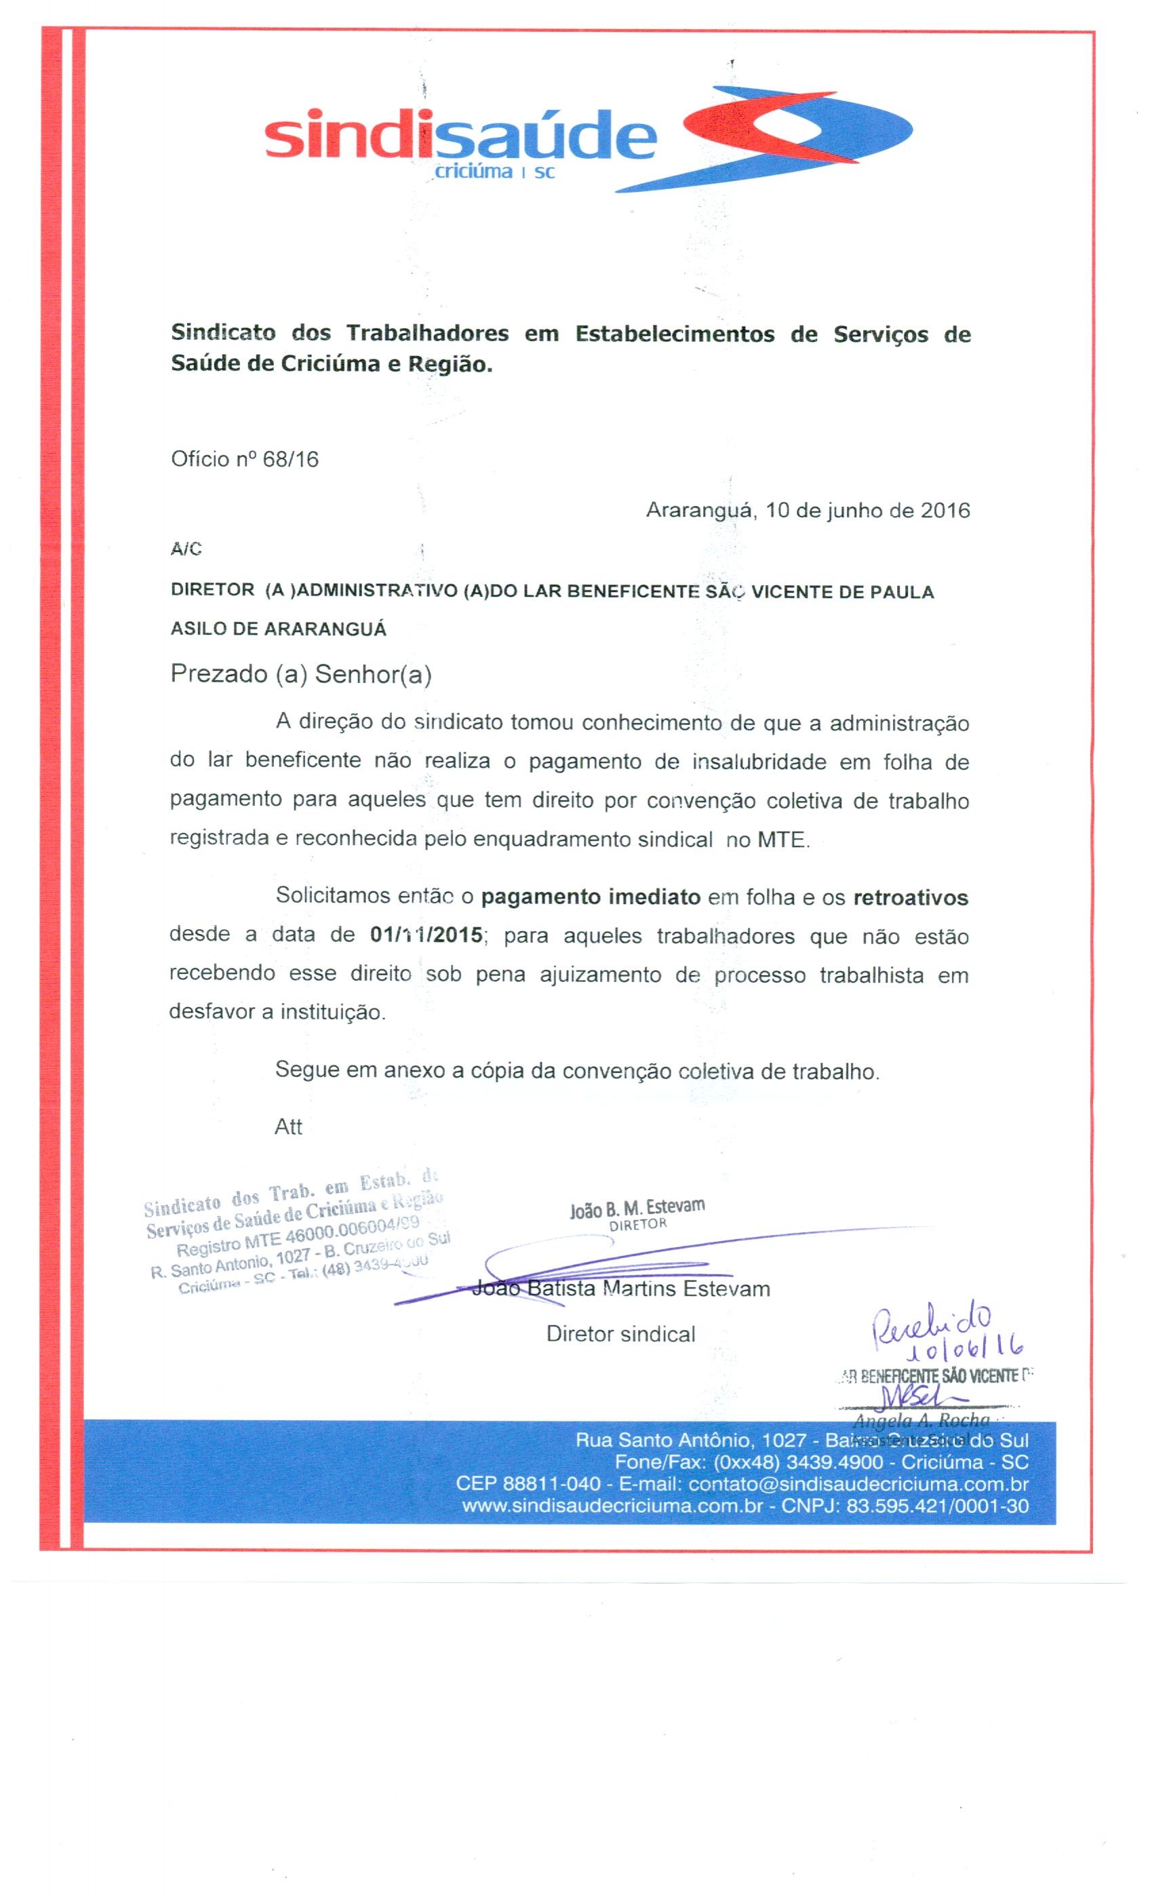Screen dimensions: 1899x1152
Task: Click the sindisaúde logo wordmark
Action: (460, 137)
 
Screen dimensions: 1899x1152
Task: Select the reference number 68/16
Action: (290, 459)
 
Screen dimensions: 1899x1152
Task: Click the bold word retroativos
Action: (910, 898)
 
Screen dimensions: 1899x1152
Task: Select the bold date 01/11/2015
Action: (426, 936)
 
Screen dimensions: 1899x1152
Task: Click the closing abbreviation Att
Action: (288, 1127)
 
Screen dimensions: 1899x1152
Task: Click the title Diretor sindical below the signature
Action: (620, 1334)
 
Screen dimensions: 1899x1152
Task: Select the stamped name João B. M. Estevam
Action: (637, 1209)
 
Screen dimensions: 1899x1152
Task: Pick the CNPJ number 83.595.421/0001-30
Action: (937, 1506)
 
